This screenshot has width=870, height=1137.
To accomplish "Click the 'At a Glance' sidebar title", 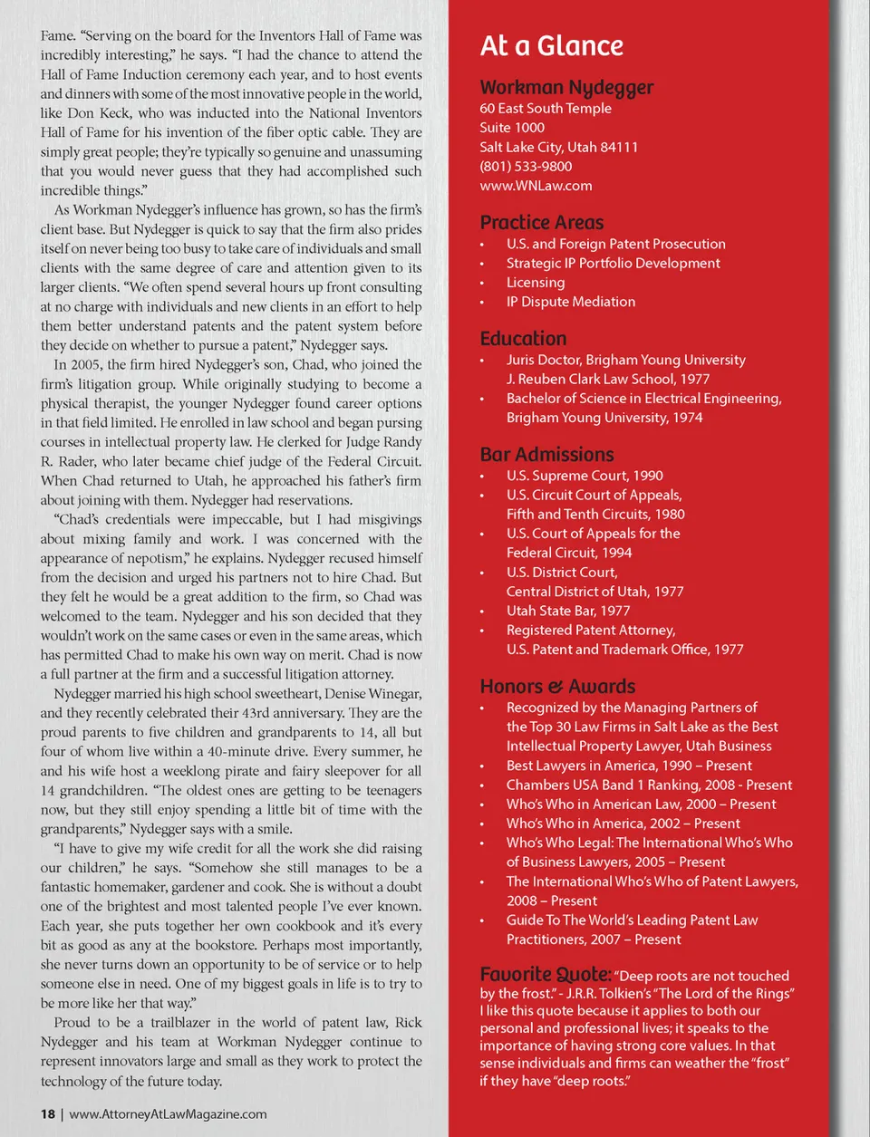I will click(x=551, y=46).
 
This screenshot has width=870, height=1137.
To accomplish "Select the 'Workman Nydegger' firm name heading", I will click(x=566, y=88).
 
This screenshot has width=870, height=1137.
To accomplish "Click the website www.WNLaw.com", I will click(x=536, y=186).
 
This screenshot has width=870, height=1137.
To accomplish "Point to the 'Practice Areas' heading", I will click(x=541, y=223).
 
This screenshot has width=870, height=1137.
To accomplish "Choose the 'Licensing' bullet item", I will click(x=536, y=283).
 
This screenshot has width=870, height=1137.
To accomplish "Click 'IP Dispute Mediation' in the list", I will click(x=570, y=302).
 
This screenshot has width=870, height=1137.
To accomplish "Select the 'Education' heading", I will click(x=523, y=339).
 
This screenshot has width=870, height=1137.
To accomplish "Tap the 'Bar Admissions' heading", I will click(x=546, y=455).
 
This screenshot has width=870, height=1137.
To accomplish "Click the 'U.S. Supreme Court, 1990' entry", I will click(x=585, y=476).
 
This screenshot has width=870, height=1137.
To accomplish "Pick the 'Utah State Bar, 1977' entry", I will click(x=567, y=611).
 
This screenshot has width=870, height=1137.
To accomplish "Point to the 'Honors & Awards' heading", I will click(x=557, y=687).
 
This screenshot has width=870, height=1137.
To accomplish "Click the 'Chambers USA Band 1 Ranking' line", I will click(x=649, y=785).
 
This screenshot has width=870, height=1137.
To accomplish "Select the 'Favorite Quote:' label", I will click(x=546, y=975).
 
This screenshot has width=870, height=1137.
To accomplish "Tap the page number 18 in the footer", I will click(x=47, y=1114).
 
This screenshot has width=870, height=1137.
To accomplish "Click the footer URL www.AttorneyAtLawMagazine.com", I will click(x=168, y=1114).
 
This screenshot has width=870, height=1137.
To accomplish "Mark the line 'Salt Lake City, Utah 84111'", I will click(x=558, y=147).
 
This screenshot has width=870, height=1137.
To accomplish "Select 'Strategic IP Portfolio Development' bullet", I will click(x=613, y=264).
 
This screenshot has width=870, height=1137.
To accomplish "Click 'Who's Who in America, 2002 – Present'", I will click(x=623, y=824).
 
